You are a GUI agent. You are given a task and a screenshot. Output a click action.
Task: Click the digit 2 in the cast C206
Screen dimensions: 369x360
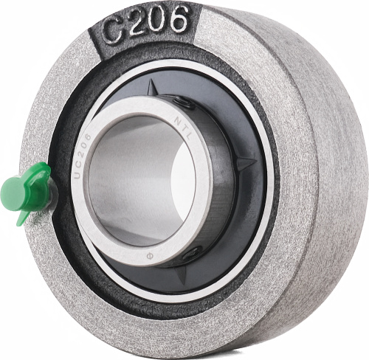(137, 25)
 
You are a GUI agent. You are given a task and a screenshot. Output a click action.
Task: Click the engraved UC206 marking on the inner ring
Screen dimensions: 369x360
(82, 156)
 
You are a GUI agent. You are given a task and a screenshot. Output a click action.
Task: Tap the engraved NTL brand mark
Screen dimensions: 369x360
(182, 128)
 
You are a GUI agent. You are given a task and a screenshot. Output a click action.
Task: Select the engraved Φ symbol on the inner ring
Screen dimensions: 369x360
(149, 256)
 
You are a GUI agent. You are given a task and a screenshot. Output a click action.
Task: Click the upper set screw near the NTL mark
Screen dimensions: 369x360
(184, 102)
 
